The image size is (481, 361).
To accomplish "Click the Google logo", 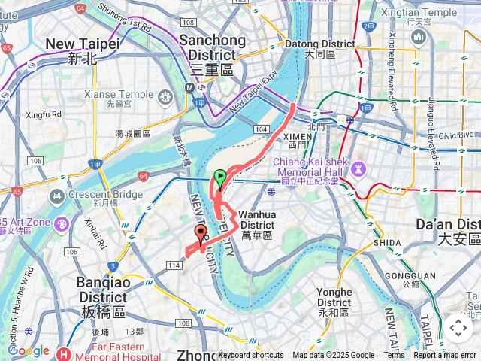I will coord(29,350).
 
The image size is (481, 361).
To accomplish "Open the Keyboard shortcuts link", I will coord(250,356).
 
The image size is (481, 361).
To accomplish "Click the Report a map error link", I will coord(446,356).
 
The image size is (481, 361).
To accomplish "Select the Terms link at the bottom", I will coord(394,356).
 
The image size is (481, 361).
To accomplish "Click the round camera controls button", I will coord(458,328).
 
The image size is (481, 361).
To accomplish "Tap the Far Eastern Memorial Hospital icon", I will coord(65,353).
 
